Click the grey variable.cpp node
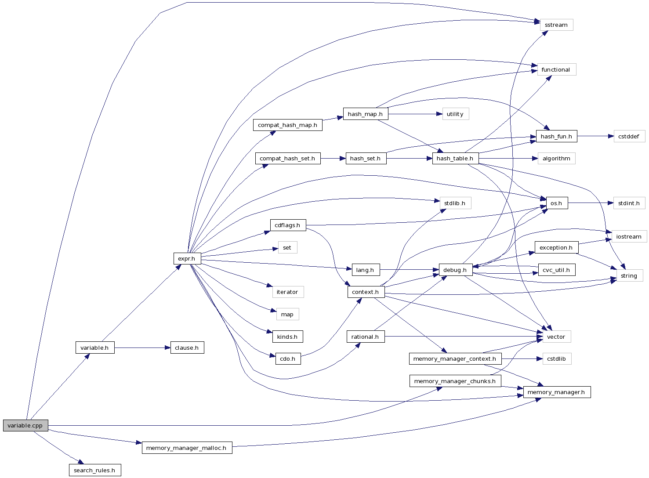click(25, 425)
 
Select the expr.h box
click(187, 258)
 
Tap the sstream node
click(556, 25)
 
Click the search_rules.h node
click(94, 470)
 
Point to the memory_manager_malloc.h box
click(186, 448)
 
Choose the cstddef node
click(628, 136)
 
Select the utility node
click(455, 114)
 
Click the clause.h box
click(187, 348)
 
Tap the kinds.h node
click(287, 337)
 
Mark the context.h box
click(365, 292)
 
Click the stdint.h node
click(628, 203)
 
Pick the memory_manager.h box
click(556, 392)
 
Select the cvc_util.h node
click(556, 270)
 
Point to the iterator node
click(287, 292)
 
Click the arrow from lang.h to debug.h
click(409, 270)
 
